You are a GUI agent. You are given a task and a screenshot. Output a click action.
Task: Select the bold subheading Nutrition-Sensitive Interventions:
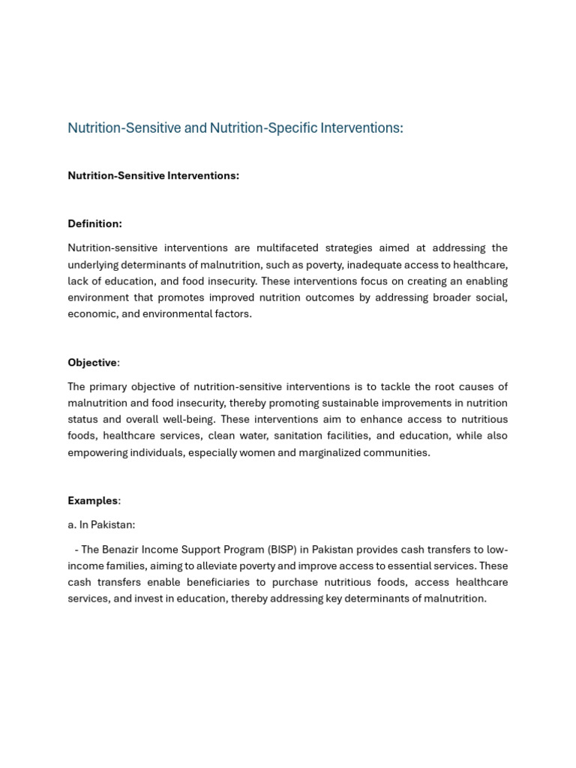(x=153, y=175)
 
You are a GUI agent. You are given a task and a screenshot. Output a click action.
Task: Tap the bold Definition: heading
(x=94, y=223)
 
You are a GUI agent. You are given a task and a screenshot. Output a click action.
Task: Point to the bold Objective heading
(x=92, y=362)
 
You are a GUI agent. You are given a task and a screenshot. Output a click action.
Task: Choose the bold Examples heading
(x=93, y=500)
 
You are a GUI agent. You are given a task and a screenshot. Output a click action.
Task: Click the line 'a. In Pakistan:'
(x=101, y=525)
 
